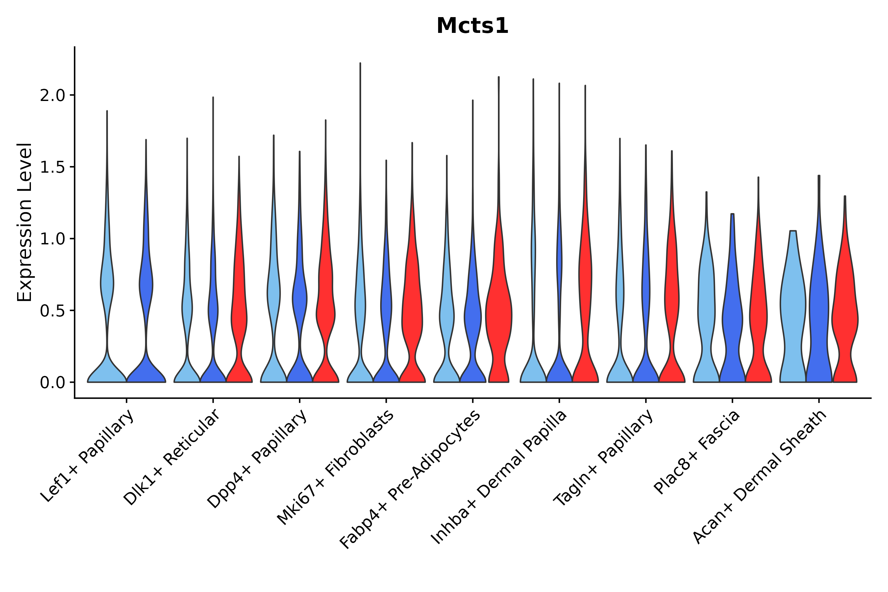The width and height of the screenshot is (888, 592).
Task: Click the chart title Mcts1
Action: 472,26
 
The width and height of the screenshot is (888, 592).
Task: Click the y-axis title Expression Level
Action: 25,222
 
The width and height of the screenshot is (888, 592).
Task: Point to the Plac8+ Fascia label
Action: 697,452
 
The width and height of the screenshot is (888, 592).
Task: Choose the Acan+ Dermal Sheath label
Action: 760,477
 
